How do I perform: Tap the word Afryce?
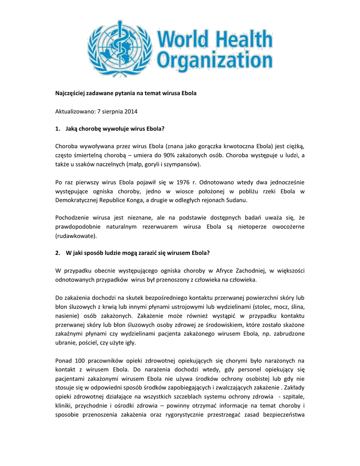tap(224, 271)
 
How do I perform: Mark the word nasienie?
tap(67, 315)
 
